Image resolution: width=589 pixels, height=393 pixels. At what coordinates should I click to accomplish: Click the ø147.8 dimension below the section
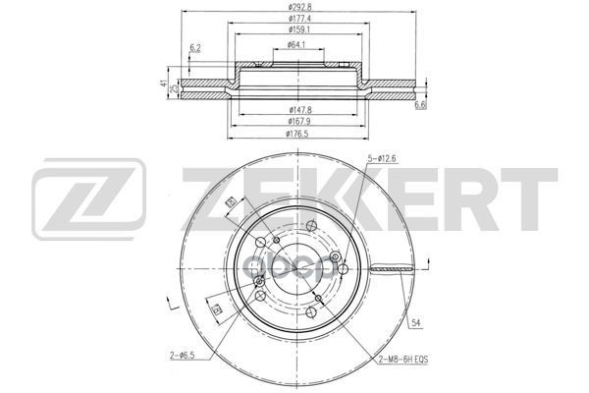(294, 109)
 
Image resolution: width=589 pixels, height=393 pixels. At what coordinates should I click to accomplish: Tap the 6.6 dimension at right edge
(420, 105)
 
